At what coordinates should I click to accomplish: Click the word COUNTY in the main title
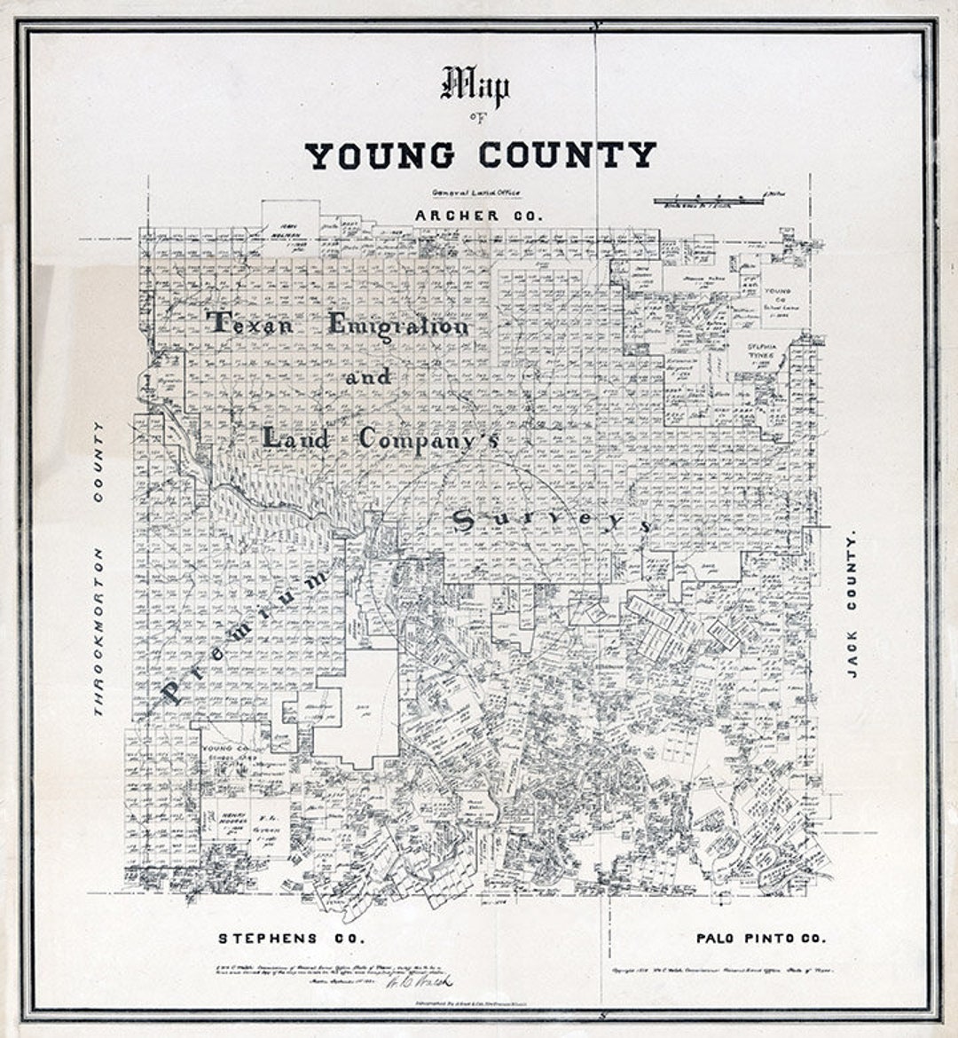[568, 155]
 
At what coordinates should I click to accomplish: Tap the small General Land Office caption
[476, 193]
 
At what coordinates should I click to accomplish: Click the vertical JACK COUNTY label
[852, 605]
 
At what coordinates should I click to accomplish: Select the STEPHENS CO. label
[292, 938]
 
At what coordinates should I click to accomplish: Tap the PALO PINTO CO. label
[760, 938]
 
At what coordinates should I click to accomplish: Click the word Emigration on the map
[398, 326]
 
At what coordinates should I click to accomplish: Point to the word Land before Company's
[296, 437]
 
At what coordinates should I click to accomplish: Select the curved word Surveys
[552, 523]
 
